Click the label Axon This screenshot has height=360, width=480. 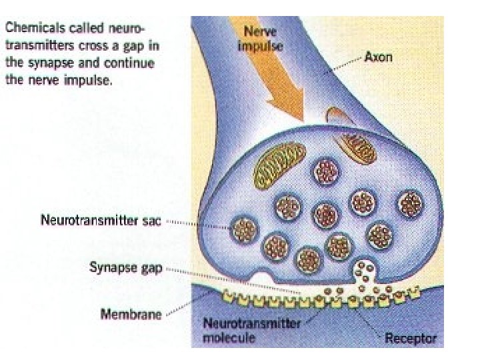pos(379,58)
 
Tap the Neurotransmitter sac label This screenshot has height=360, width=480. pos(101,221)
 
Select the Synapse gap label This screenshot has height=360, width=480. pos(125,268)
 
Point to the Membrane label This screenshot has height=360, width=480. pos(130,314)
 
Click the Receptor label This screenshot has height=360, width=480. pos(411,339)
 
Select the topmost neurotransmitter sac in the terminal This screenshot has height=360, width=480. pos(326,171)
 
